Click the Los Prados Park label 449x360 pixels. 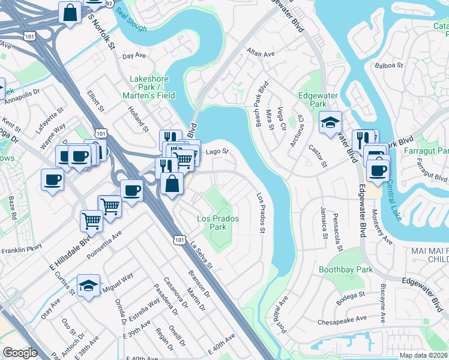[x=218, y=223]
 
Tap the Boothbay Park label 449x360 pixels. [x=345, y=270]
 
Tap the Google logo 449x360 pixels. [x=20, y=353]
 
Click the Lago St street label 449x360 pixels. [x=217, y=152]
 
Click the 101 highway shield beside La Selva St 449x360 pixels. [x=179, y=239]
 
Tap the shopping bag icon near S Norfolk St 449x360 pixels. [x=70, y=13]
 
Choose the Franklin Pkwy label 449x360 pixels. [x=22, y=251]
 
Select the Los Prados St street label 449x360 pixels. [x=261, y=212]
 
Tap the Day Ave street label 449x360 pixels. [x=134, y=56]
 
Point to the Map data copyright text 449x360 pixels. [x=423, y=355]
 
